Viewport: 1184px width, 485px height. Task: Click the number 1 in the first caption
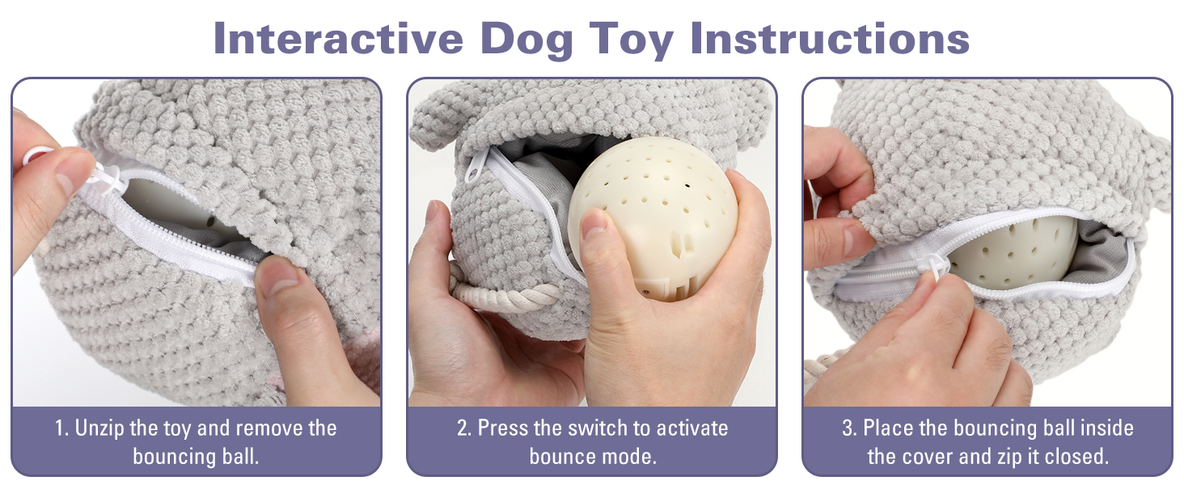tap(60, 428)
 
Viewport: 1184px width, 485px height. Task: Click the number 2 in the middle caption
tap(463, 428)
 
